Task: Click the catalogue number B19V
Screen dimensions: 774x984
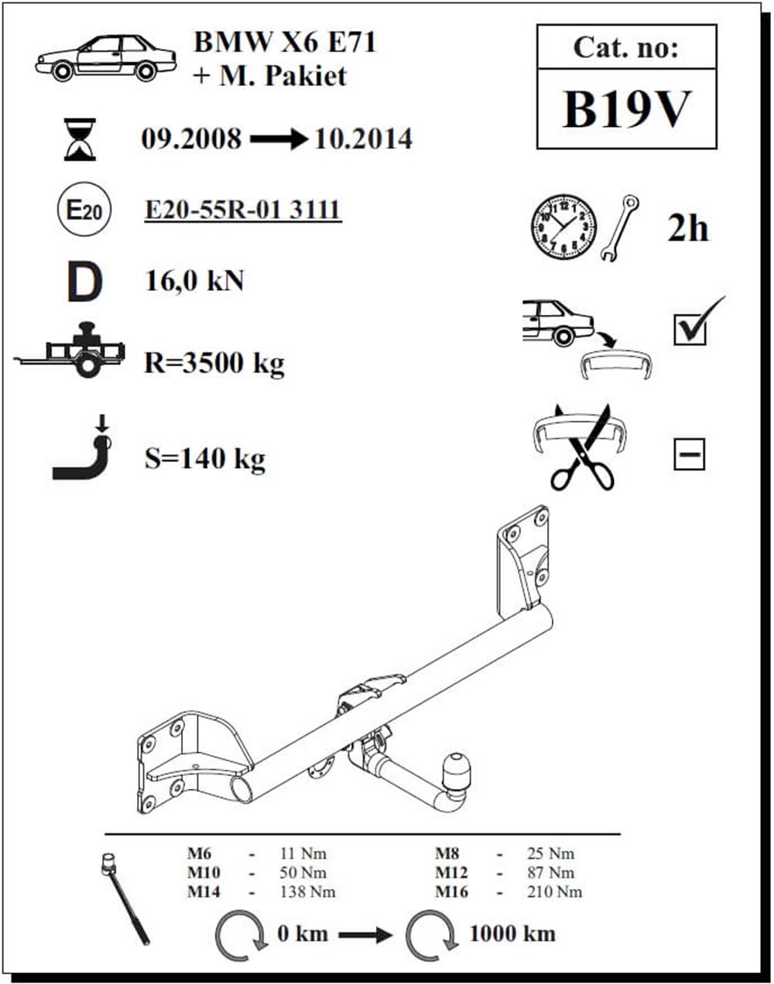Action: click(626, 110)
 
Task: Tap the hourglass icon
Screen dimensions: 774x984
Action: click(80, 139)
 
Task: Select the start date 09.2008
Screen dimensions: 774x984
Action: click(191, 138)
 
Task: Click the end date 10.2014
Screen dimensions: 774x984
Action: click(363, 138)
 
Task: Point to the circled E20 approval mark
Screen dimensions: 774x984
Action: click(84, 210)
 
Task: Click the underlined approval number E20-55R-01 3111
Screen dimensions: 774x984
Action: click(243, 210)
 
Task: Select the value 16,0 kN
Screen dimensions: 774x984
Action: click(194, 281)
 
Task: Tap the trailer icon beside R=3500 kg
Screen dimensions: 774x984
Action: click(70, 350)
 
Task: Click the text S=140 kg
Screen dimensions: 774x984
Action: click(205, 459)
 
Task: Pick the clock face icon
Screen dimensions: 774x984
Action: click(563, 227)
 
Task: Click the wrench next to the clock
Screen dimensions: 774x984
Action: click(620, 229)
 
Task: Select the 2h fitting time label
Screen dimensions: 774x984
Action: click(687, 228)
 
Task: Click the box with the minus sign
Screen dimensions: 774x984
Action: click(690, 454)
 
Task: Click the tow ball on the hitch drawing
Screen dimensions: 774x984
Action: click(457, 770)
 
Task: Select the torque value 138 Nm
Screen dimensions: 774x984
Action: click(307, 892)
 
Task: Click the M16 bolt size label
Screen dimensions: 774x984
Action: click(451, 892)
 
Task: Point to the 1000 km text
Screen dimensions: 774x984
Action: click(512, 934)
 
